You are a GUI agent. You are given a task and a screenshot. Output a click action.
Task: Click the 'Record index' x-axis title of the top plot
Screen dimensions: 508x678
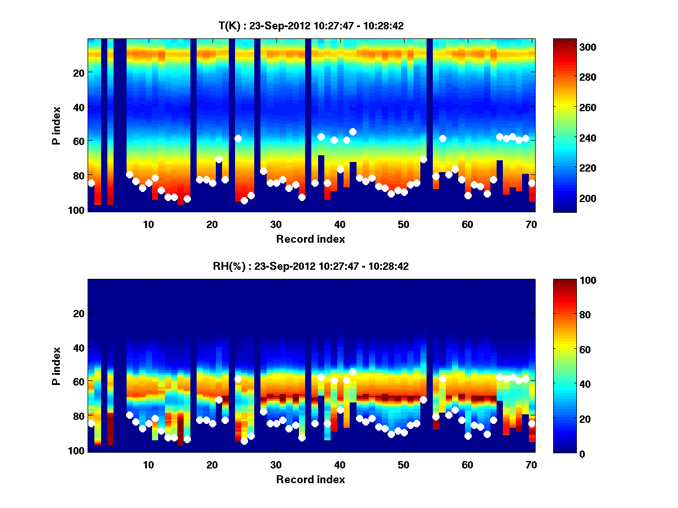tap(311, 239)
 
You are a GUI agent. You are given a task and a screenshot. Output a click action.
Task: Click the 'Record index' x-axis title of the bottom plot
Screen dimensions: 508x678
tap(311, 479)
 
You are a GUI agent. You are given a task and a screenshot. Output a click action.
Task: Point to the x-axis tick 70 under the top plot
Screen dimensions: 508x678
tap(531, 224)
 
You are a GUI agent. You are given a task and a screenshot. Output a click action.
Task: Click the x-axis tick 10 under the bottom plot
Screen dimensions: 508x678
tap(148, 464)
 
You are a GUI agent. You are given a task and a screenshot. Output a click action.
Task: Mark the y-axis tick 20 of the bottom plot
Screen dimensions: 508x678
tap(79, 313)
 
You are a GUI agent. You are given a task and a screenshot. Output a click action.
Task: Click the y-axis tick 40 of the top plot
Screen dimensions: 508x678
tap(79, 107)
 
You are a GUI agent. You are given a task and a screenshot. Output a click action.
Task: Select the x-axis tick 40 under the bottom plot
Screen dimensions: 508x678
tap(340, 464)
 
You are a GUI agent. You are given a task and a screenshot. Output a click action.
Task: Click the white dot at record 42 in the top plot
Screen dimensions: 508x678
tap(353, 132)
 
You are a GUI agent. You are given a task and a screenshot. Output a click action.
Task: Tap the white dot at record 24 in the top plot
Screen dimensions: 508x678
tap(238, 138)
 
